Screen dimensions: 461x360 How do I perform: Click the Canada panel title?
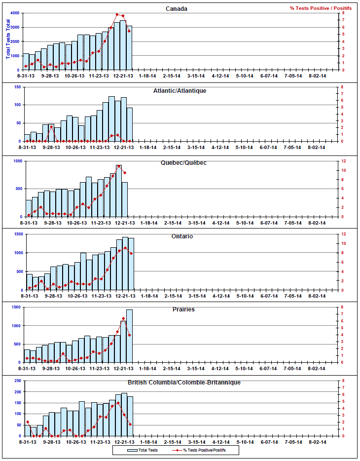point(177,9)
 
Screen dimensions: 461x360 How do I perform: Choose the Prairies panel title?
point(183,309)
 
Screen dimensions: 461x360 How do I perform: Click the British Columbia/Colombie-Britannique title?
point(184,383)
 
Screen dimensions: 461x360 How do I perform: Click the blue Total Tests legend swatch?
point(132,450)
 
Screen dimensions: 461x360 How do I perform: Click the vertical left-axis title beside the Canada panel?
point(8,39)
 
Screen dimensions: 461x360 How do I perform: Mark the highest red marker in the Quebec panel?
point(119,166)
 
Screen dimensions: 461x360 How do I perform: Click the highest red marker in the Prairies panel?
point(123,318)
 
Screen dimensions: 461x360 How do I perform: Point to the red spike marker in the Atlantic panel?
point(51,127)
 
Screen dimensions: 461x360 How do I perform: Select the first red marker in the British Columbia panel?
point(27,422)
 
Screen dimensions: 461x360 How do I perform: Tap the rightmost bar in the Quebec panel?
point(125,199)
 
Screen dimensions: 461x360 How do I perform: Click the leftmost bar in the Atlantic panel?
point(27,138)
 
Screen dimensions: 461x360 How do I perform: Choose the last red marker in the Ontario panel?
point(131,253)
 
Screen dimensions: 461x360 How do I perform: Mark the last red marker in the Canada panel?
point(129,31)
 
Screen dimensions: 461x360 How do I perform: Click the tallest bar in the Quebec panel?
point(119,191)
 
